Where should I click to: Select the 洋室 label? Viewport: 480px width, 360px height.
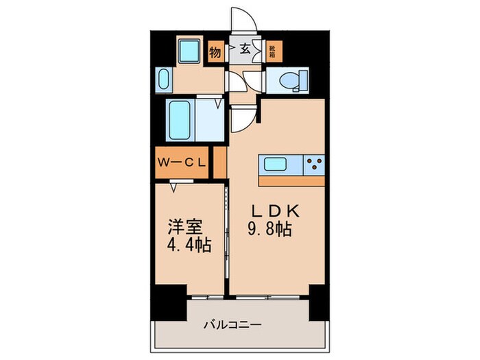[186, 226]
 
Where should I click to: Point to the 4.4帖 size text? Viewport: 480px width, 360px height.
[187, 244]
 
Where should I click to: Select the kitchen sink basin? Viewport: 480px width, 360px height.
[277, 165]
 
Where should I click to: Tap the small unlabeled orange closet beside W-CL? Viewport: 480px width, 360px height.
[219, 163]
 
